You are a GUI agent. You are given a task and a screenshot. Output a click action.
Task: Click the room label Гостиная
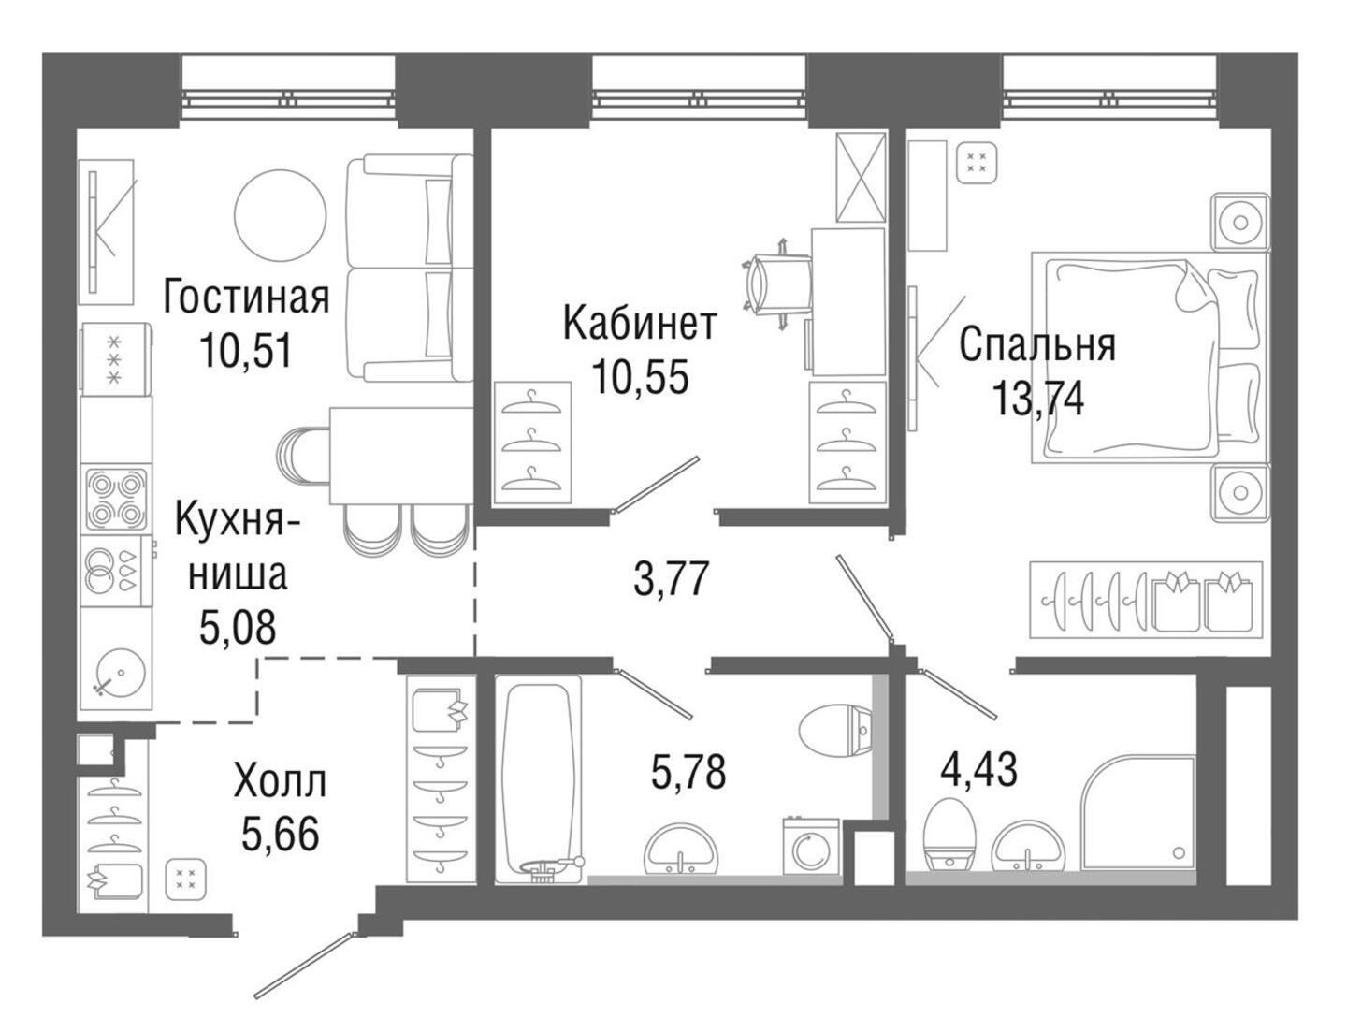[x=246, y=298]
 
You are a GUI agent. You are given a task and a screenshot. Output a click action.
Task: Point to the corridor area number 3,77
[x=671, y=577]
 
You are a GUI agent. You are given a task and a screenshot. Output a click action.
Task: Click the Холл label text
[x=281, y=782]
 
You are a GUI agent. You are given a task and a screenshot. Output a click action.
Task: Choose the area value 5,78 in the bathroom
[x=688, y=771]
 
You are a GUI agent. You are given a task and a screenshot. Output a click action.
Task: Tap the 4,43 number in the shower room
[x=978, y=768]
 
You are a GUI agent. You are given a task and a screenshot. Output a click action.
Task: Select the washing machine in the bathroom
[x=811, y=847]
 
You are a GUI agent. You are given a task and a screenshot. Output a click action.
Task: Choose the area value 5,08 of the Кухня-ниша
[x=238, y=628]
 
